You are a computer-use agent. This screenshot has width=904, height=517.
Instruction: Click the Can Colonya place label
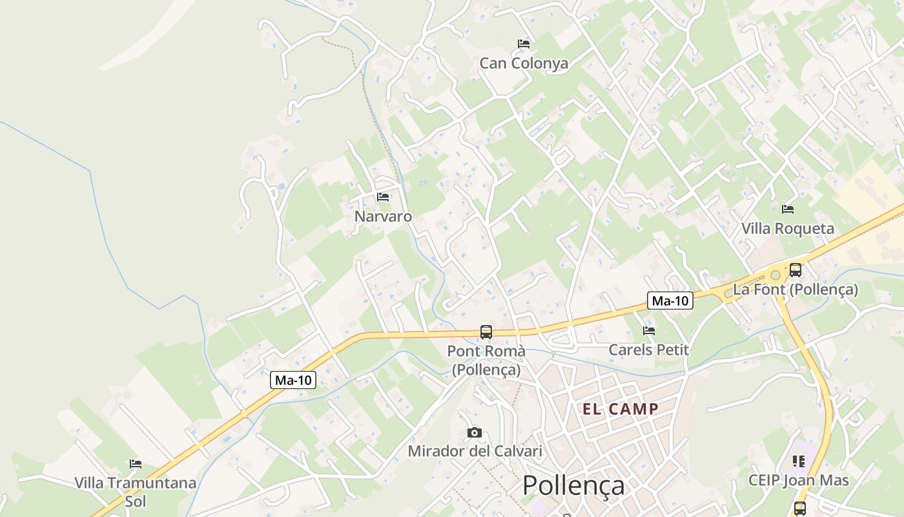click(x=524, y=63)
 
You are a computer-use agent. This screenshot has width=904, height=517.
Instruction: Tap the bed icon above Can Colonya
click(x=524, y=44)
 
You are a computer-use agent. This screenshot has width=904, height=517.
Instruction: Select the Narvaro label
click(x=383, y=216)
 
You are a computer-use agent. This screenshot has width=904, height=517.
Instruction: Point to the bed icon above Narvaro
click(x=383, y=197)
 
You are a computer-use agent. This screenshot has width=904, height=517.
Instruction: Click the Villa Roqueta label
click(x=787, y=229)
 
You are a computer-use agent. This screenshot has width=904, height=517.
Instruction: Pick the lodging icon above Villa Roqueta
click(x=788, y=209)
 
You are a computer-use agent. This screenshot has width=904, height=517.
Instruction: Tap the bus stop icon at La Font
click(x=796, y=270)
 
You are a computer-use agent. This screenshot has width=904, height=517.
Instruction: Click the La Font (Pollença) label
click(x=796, y=290)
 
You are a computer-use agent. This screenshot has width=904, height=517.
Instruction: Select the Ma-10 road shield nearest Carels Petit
click(x=670, y=301)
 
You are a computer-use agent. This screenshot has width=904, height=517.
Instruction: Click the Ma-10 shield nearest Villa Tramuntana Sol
click(x=293, y=380)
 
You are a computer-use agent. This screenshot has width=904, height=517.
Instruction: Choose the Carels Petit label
click(x=649, y=350)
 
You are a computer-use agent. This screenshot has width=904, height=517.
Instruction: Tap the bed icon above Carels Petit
click(x=649, y=331)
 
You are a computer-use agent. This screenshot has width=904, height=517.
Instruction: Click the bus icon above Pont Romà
click(x=486, y=332)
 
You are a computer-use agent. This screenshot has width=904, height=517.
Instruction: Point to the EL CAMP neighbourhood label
click(x=621, y=409)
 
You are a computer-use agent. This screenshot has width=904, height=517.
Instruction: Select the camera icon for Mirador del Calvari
click(x=475, y=432)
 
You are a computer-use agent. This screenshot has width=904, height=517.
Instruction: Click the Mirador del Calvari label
click(x=475, y=451)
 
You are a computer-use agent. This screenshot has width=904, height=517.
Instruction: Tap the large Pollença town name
click(x=573, y=485)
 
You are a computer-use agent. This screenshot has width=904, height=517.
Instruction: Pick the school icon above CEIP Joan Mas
click(x=799, y=461)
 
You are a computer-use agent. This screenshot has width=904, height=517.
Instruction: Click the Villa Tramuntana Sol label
click(x=136, y=492)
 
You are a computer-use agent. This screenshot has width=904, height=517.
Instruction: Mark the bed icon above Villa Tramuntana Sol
click(x=136, y=464)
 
